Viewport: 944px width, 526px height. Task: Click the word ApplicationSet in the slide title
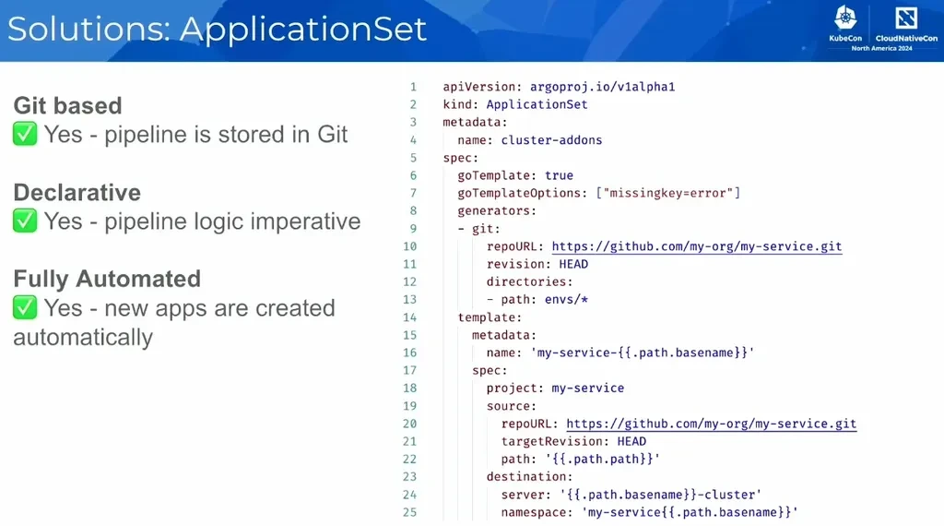coord(303,29)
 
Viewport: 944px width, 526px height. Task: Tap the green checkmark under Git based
coord(25,135)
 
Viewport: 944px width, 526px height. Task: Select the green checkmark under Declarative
coord(25,221)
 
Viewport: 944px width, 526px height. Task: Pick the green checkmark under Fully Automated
coord(25,308)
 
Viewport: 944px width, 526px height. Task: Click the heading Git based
coord(67,105)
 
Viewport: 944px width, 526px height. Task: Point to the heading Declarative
coord(77,192)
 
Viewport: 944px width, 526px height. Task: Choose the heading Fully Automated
coord(107,279)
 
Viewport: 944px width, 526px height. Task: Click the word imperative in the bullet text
coord(298,221)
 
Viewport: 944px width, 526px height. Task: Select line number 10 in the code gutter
coord(409,246)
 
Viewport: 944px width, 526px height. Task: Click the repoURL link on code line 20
coord(711,424)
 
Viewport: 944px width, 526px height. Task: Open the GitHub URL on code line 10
coord(696,246)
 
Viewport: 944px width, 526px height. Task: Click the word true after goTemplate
coord(559,175)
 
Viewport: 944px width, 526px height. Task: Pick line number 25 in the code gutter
coord(409,512)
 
